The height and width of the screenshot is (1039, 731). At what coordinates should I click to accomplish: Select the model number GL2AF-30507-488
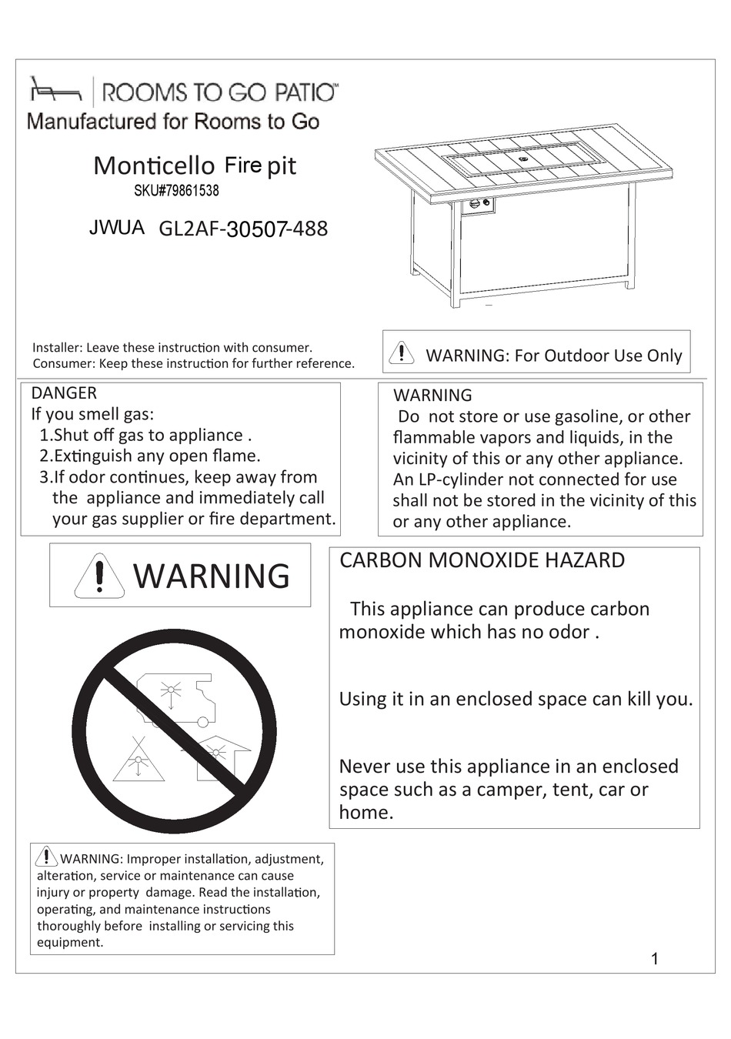[x=243, y=229]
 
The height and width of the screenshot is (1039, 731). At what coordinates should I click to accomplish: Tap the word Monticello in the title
[x=154, y=165]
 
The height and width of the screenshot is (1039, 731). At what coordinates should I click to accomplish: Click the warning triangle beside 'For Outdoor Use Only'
[x=402, y=352]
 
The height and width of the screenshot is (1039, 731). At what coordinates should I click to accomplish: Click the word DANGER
[x=64, y=393]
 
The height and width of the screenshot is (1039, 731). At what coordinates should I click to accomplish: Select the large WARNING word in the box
[x=212, y=576]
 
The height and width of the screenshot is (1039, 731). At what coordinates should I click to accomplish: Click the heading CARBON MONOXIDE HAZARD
[x=482, y=560]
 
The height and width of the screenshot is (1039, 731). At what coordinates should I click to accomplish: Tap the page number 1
[x=655, y=959]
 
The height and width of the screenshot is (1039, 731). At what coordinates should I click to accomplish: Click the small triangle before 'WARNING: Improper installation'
[x=47, y=857]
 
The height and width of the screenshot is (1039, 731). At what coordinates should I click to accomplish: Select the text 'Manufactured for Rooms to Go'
[x=173, y=122]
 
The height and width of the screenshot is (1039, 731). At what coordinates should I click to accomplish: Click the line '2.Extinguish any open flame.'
[x=149, y=456]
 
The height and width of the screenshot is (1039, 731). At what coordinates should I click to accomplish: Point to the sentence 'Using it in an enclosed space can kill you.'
[x=516, y=699]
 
